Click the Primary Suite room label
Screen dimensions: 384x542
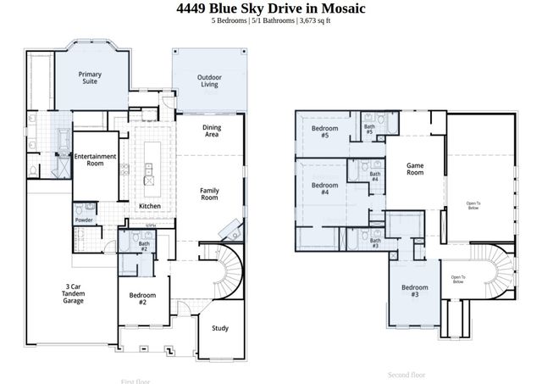[90, 78]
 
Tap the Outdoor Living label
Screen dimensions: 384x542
[209, 81]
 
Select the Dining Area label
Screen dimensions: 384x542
[212, 131]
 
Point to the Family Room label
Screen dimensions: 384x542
[209, 194]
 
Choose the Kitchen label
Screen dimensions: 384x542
[150, 207]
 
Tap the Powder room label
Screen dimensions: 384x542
[84, 220]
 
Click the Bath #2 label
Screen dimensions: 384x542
[144, 247]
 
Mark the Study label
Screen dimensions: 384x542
[220, 328]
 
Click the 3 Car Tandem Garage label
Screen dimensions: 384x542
[74, 294]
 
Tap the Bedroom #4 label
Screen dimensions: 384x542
[325, 188]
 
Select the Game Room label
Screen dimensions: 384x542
[415, 169]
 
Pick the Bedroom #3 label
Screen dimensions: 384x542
[415, 291]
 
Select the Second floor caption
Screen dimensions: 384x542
[406, 374]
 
